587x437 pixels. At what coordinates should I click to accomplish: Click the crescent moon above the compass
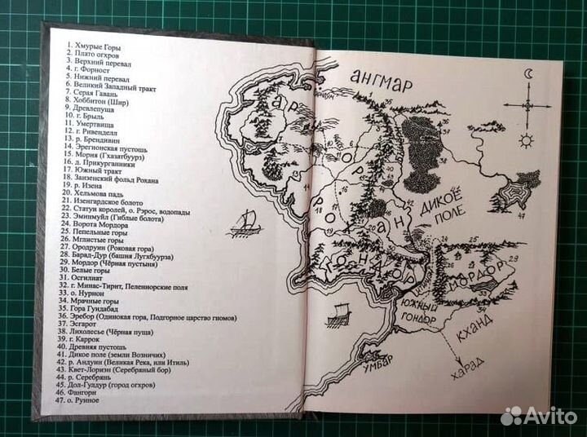pyautogui.click(x=528, y=75)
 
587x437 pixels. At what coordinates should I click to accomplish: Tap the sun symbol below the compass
pyautogui.click(x=526, y=140)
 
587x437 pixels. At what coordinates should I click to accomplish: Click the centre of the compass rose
pyautogui.click(x=526, y=104)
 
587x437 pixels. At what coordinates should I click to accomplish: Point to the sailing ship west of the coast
pyautogui.click(x=247, y=221)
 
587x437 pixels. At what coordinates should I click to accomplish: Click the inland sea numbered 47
pyautogui.click(x=518, y=195)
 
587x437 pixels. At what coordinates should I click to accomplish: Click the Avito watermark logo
pyautogui.click(x=539, y=416)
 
